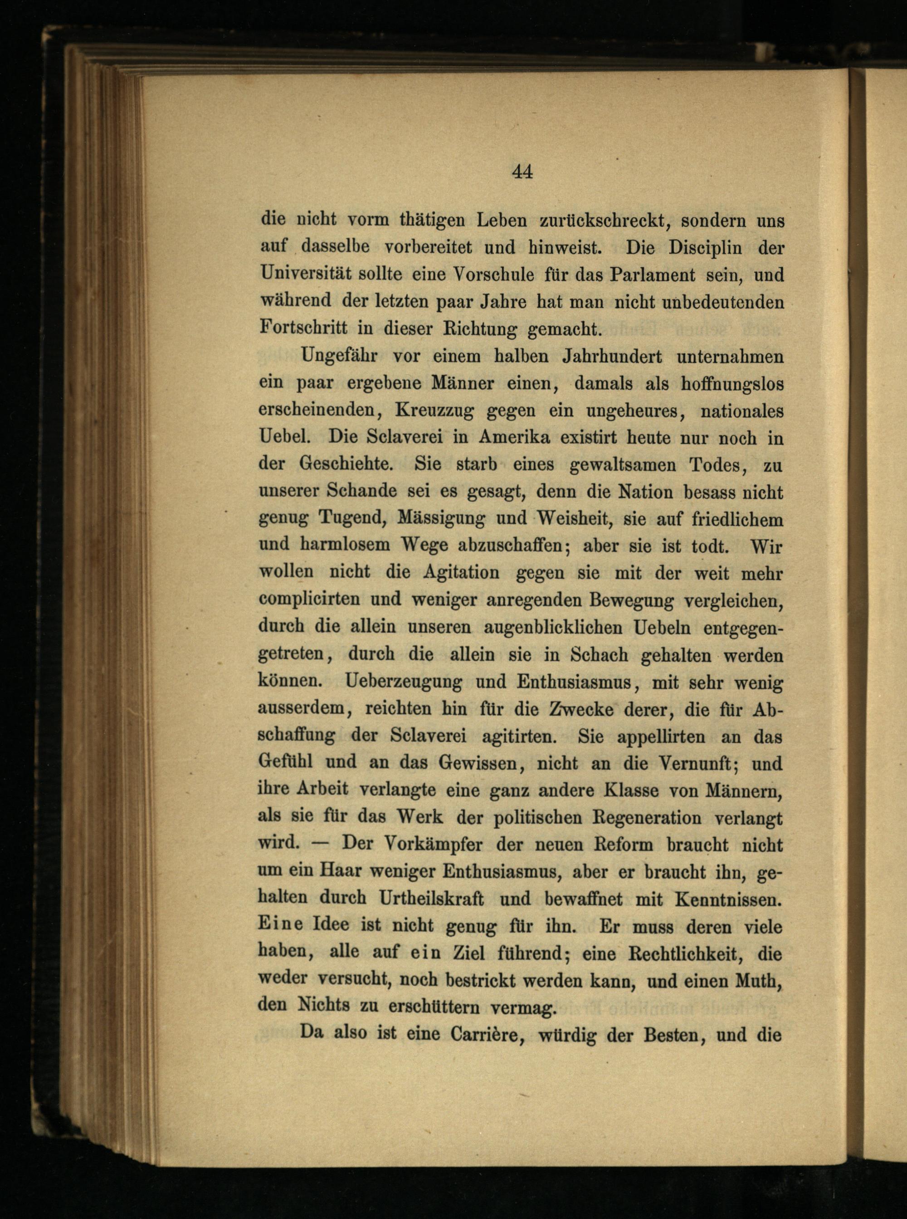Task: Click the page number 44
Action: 522,172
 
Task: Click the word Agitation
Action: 461,572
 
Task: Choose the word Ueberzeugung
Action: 405,681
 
